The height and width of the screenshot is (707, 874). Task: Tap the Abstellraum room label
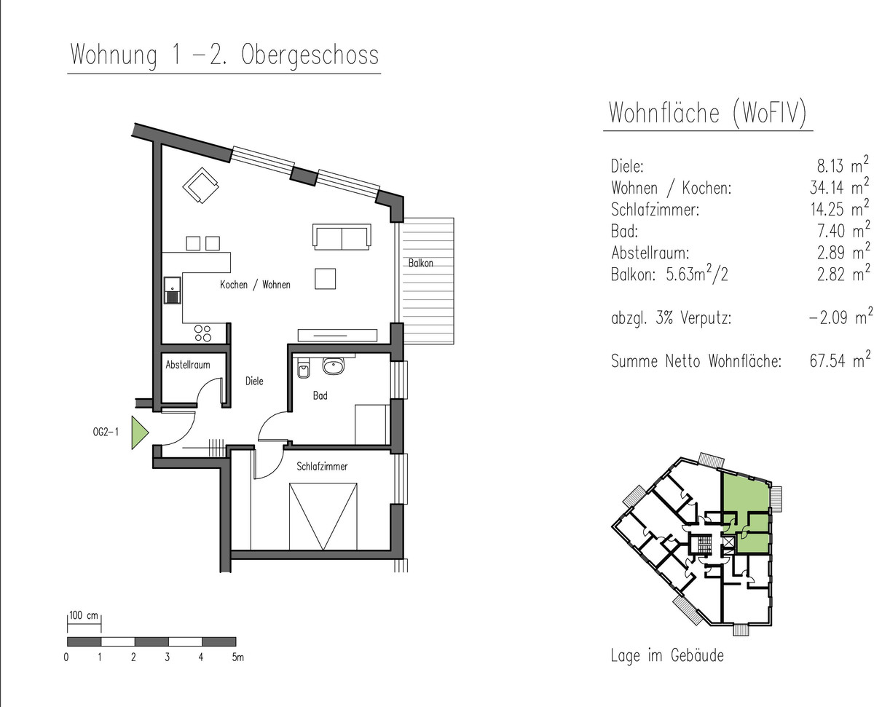187,365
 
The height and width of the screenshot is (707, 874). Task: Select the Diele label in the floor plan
254,381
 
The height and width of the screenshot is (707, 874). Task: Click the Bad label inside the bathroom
320,396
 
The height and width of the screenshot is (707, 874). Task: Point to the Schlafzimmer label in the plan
322,466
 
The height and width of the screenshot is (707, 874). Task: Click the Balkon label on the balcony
420,263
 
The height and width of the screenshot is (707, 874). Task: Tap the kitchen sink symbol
173,291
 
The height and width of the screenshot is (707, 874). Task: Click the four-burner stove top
202,333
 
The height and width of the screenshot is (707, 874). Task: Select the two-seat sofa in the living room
342,237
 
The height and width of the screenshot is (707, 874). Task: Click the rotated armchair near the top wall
200,185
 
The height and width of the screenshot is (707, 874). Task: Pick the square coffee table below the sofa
326,279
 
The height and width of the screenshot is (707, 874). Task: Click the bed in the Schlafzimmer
323,516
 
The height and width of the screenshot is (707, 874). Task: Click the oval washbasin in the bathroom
334,366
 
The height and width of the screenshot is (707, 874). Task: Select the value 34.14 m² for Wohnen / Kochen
839,186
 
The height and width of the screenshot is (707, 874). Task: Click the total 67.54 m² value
840,360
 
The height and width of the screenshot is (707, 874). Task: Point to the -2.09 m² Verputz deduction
840,317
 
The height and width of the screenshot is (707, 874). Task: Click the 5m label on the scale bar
237,657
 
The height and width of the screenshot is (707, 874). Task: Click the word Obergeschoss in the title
310,55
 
